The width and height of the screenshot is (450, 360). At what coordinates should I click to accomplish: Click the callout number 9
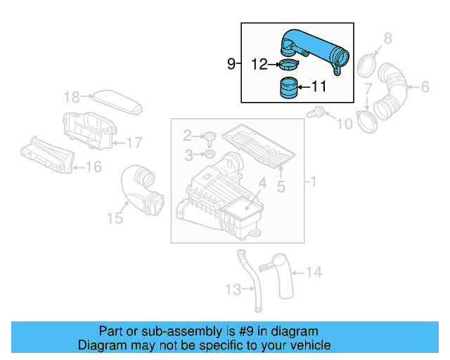[x=231, y=64]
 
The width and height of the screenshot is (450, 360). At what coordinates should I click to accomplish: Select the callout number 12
[x=259, y=65]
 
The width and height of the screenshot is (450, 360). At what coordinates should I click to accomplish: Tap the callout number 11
[x=319, y=87]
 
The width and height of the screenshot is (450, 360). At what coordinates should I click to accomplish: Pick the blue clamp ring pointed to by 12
[x=288, y=66]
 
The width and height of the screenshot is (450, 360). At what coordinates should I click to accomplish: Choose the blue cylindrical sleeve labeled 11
[x=288, y=91]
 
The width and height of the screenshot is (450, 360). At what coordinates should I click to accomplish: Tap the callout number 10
[x=344, y=124]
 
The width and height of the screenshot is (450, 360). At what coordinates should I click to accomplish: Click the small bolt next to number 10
[x=316, y=111]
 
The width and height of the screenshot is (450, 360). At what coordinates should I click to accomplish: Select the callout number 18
[x=72, y=96]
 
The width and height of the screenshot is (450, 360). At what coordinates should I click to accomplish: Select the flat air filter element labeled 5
[x=257, y=145]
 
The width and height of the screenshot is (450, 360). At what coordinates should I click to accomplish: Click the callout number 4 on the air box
[x=261, y=185]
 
